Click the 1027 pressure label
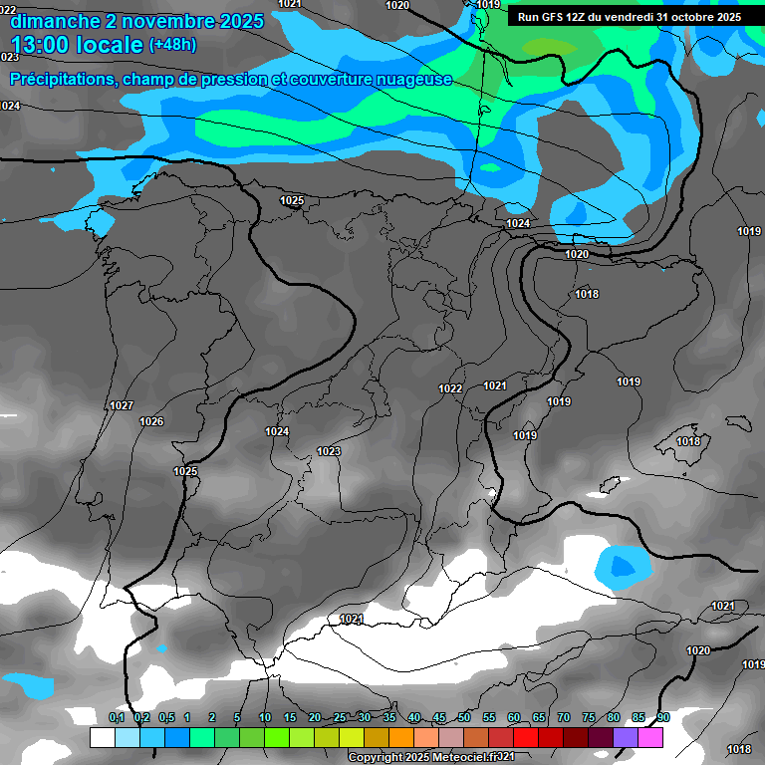(x=122, y=405)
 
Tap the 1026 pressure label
(x=151, y=422)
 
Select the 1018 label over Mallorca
(x=687, y=441)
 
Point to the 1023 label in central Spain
(x=329, y=452)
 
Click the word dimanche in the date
(x=55, y=21)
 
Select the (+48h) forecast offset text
(x=172, y=45)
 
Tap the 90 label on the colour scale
(x=663, y=717)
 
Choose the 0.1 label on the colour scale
(x=117, y=717)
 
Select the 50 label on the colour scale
(x=464, y=717)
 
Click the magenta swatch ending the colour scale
(x=650, y=737)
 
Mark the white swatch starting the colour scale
(x=103, y=737)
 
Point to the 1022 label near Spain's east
(x=450, y=388)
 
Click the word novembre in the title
(x=161, y=21)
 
